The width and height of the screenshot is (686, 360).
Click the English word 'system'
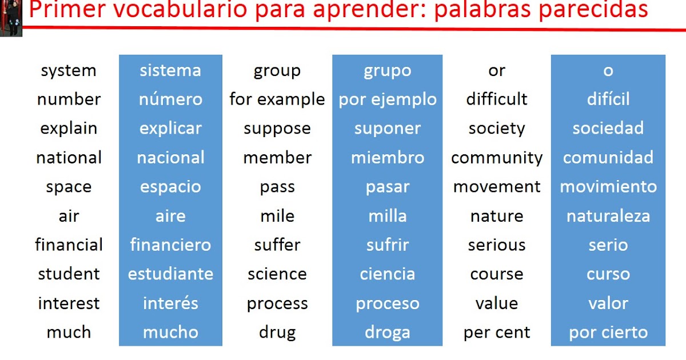point(69,71)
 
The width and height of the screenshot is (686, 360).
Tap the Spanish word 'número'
point(170,99)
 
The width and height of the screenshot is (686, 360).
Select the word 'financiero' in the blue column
point(170,245)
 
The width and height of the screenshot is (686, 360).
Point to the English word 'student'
point(69,274)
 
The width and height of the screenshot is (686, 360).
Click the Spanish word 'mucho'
point(170,333)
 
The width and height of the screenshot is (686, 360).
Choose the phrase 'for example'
point(277,99)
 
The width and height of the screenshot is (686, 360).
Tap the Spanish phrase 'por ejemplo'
point(388,99)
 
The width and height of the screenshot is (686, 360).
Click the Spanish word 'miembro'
point(388,158)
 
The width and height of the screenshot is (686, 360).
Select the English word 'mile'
point(277,216)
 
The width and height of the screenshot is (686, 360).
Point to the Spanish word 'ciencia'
point(388,274)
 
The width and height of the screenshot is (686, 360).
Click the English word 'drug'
point(277,333)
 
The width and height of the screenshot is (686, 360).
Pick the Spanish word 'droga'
point(388,333)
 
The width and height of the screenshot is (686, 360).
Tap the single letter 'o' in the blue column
point(608,71)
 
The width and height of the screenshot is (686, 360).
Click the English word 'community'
point(497,158)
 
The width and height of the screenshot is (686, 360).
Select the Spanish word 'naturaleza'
point(608,216)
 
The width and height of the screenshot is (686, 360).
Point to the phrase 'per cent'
point(497,333)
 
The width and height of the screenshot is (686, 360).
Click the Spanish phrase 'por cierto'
point(608,333)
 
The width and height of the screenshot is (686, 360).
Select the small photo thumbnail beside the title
point(11,18)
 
